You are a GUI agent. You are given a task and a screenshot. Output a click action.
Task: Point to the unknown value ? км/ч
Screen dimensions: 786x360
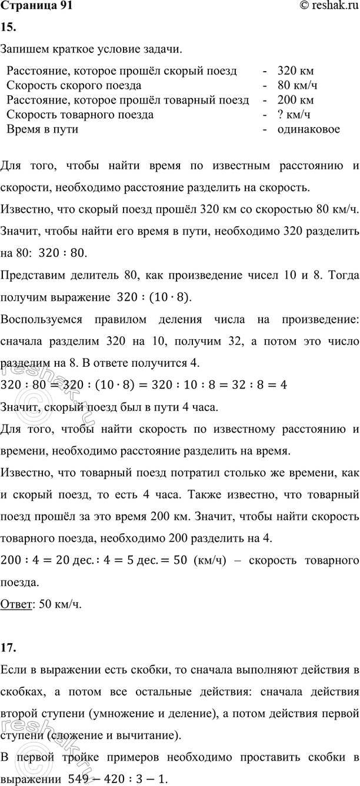pyautogui.click(x=295, y=115)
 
